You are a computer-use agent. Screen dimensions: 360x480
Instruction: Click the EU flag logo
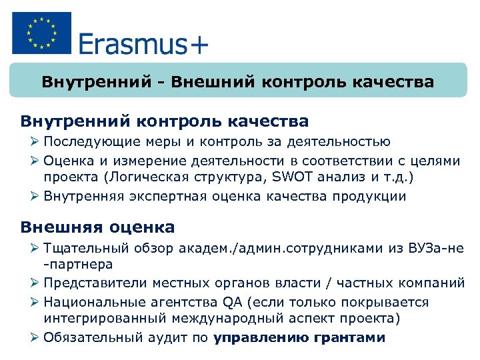(41, 33)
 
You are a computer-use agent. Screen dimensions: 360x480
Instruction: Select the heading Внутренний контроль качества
(165, 121)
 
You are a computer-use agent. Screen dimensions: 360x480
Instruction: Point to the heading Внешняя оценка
(97, 227)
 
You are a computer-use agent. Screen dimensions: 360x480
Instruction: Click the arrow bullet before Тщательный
(36, 249)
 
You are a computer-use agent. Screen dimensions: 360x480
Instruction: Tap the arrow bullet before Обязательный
(36, 337)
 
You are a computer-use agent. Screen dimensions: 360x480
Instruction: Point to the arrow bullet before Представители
(36, 283)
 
